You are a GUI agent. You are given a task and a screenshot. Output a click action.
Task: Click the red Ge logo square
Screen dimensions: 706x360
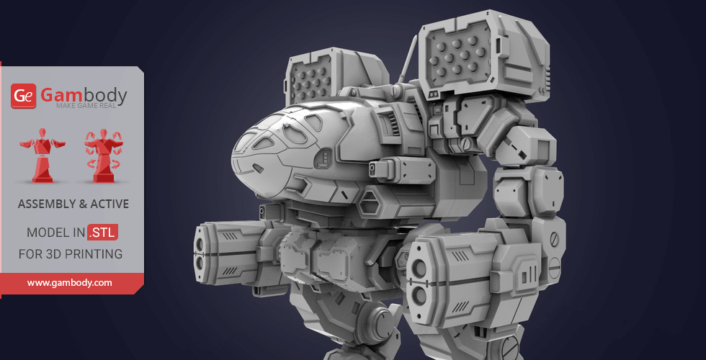23,96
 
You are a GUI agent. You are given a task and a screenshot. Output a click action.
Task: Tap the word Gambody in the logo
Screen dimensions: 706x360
84,95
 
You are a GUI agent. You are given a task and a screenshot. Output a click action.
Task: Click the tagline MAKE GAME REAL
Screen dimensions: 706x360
86,106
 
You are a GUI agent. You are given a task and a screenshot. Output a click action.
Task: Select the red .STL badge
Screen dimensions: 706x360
102,232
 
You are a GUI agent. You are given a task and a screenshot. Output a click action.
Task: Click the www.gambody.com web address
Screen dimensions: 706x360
69,283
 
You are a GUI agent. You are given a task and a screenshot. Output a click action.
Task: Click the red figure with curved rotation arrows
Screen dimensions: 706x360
104,156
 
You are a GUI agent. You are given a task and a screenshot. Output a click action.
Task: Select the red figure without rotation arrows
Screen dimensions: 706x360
43,156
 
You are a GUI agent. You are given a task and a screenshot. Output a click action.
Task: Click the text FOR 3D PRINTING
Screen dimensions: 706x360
71,253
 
